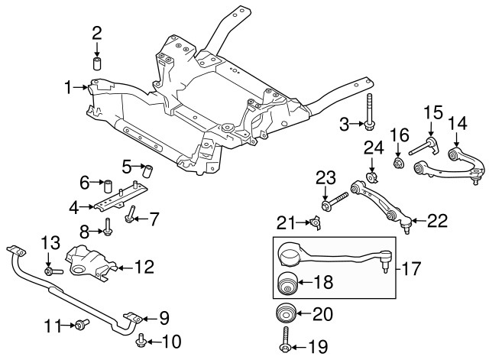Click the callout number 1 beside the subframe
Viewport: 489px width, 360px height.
68,87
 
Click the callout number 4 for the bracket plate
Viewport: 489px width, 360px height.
73,206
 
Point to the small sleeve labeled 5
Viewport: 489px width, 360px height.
150,168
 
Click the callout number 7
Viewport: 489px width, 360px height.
154,220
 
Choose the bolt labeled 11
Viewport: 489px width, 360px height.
80,326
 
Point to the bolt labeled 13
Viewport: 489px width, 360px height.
51,270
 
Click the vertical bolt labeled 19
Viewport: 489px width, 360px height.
285,341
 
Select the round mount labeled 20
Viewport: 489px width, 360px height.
285,315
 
